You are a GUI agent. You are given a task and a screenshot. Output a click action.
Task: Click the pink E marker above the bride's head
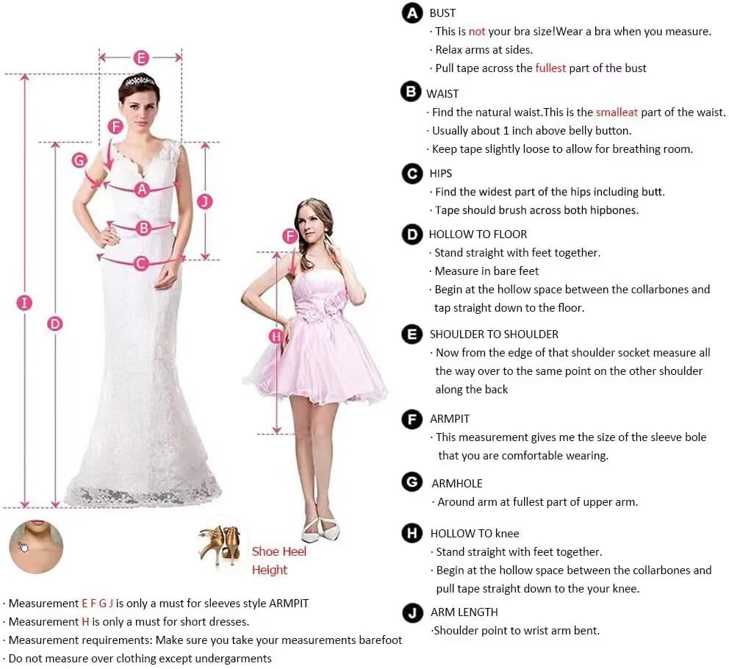tap(141, 57)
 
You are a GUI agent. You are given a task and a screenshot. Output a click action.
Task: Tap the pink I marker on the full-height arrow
tap(24, 303)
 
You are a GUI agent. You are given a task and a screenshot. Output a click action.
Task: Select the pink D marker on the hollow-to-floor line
tap(55, 323)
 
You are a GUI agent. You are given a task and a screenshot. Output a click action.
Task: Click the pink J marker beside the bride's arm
tap(205, 201)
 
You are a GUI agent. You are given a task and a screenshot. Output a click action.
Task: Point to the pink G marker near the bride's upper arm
tap(79, 160)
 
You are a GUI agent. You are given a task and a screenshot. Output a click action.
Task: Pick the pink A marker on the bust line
tap(143, 190)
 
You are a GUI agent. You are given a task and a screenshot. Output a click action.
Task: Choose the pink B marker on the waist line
tap(143, 228)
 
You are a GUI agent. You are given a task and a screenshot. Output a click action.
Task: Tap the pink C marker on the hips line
tap(141, 264)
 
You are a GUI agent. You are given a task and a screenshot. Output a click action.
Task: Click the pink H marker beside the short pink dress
tap(276, 337)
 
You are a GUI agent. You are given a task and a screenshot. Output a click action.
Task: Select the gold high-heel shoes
tap(220, 545)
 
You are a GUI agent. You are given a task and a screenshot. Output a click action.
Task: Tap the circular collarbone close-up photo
tap(36, 547)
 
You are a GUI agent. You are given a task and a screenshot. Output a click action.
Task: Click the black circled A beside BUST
tap(412, 13)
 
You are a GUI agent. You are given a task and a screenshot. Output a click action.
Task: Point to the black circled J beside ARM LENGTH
tap(412, 612)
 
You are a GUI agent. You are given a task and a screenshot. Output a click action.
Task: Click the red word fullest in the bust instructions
tap(550, 68)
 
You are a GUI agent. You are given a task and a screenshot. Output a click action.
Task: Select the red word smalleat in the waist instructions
tap(617, 112)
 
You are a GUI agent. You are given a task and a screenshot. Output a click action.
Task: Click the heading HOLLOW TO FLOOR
tap(478, 234)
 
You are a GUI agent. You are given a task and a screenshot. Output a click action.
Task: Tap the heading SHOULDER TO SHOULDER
tap(494, 334)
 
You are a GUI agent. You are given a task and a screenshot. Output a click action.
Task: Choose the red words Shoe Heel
tap(279, 551)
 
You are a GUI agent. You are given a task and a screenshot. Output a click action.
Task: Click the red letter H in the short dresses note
tap(85, 621)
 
